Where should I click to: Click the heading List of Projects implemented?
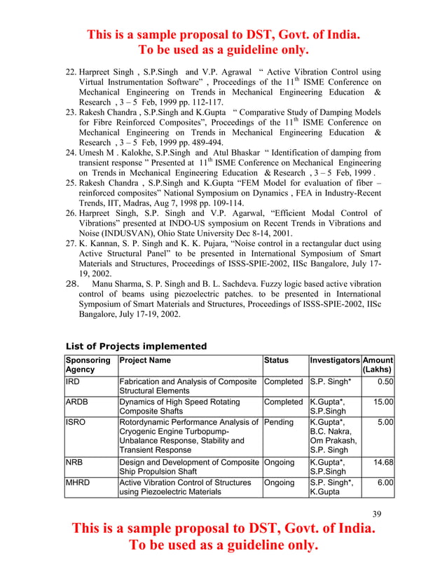click(136, 346)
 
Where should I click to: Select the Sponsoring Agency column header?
click(88, 365)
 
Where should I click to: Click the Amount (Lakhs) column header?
click(378, 365)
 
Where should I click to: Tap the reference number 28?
click(71, 284)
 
